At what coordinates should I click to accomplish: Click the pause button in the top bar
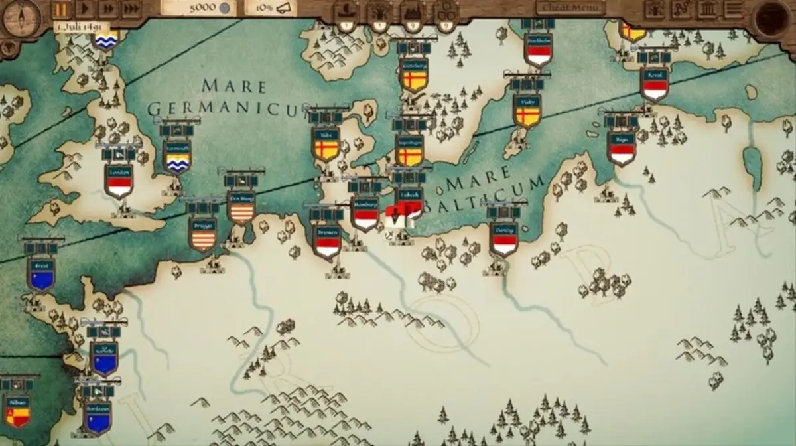pyautogui.click(x=62, y=9)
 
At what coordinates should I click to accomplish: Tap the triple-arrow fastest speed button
pyautogui.click(x=131, y=9)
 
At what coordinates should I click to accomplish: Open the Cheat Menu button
pyautogui.click(x=570, y=8)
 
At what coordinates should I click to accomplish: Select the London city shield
pyautogui.click(x=119, y=181)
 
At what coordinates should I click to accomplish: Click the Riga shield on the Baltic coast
pyautogui.click(x=622, y=149)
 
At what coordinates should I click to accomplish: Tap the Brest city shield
pyautogui.click(x=41, y=274)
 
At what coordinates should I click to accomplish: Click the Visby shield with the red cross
pyautogui.click(x=527, y=110)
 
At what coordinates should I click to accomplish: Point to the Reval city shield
pyautogui.click(x=654, y=84)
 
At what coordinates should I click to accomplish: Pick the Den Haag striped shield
pyautogui.click(x=241, y=206)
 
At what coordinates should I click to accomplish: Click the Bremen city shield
pyautogui.click(x=328, y=241)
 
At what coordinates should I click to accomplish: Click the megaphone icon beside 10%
pyautogui.click(x=285, y=8)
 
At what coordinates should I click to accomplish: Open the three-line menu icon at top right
pyautogui.click(x=733, y=9)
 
